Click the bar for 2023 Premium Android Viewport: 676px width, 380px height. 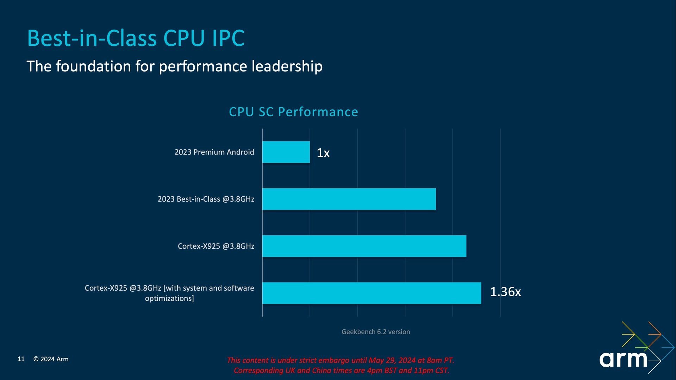point(286,152)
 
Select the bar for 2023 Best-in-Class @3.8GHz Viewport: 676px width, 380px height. point(349,199)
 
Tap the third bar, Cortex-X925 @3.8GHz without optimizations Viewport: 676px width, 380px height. point(364,246)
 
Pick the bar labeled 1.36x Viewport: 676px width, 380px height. point(371,293)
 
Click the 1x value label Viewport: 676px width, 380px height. point(323,153)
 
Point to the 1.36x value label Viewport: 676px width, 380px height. point(505,292)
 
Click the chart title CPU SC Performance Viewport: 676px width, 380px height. point(293,112)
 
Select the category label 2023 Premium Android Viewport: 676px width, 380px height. point(214,152)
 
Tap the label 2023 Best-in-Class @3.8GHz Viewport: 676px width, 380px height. point(206,199)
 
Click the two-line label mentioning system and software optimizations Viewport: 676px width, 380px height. point(169,293)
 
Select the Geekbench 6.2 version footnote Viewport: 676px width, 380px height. point(376,332)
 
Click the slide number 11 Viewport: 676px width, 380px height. point(21,359)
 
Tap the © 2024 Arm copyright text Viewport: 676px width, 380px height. point(51,359)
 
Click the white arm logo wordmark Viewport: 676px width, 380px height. point(623,359)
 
